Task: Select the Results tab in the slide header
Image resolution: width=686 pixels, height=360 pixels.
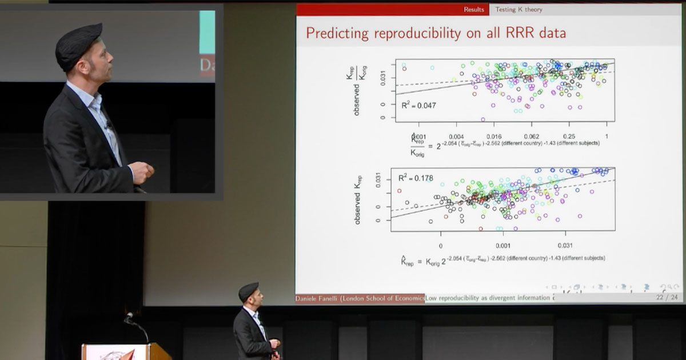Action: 473,10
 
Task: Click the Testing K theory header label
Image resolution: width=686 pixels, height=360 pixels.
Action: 519,10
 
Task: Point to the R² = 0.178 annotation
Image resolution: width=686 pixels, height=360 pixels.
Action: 416,178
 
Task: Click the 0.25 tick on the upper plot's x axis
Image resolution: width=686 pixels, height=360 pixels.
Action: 569,137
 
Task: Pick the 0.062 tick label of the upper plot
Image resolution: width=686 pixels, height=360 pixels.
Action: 532,137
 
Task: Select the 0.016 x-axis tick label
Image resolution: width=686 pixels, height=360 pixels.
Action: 494,137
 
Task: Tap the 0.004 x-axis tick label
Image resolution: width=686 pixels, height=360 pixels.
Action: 456,137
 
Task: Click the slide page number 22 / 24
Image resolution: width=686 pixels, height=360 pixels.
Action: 667,298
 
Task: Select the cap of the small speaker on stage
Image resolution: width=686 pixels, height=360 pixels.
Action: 248,290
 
